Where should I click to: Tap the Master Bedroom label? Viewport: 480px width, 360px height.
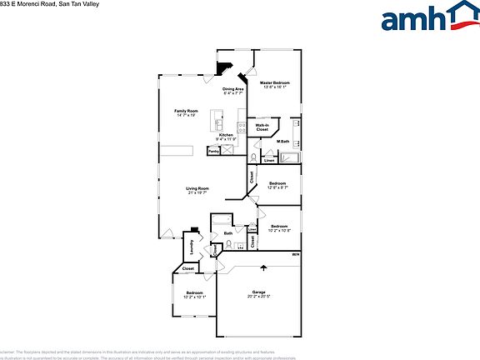click(274, 83)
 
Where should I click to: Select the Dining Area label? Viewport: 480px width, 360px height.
click(232, 89)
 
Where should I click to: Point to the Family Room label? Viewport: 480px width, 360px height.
click(186, 111)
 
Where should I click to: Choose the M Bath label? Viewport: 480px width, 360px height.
click(282, 142)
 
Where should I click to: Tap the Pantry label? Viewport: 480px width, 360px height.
click(214, 152)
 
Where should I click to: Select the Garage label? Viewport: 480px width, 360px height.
click(258, 292)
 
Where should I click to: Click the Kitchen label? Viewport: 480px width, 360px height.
click(226, 135)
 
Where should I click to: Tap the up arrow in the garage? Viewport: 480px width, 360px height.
click(264, 268)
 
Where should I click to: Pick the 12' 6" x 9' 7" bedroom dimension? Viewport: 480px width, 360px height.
click(277, 187)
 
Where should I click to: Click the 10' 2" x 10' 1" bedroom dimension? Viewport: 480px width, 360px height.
click(193, 297)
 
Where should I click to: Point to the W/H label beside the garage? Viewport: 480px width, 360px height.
click(295, 253)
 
